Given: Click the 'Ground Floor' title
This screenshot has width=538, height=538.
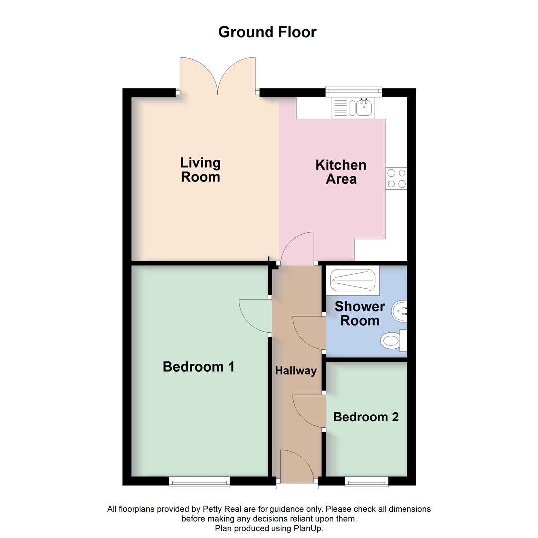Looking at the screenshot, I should (268, 32).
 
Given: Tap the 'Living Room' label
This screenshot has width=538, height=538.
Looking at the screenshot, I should (200, 170).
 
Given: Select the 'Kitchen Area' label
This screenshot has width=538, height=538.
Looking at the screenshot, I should (341, 172).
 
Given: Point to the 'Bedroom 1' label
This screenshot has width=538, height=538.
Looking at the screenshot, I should (198, 367).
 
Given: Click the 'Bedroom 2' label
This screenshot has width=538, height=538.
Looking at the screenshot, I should (366, 417).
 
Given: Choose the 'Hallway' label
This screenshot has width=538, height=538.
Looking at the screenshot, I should (296, 371).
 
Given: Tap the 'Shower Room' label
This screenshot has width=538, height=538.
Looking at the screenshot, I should (360, 313).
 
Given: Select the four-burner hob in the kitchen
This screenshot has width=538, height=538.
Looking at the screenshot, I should (397, 178).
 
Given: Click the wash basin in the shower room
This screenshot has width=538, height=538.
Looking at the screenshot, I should (400, 311).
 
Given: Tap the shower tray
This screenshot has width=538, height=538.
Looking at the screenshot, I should (353, 280).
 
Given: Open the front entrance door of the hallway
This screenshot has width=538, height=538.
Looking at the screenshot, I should (297, 466).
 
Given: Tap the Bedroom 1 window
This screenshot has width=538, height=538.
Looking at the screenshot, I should (199, 481).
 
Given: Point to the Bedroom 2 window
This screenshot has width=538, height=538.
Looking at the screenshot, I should (366, 481).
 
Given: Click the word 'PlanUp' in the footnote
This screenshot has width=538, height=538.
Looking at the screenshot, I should (309, 528).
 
